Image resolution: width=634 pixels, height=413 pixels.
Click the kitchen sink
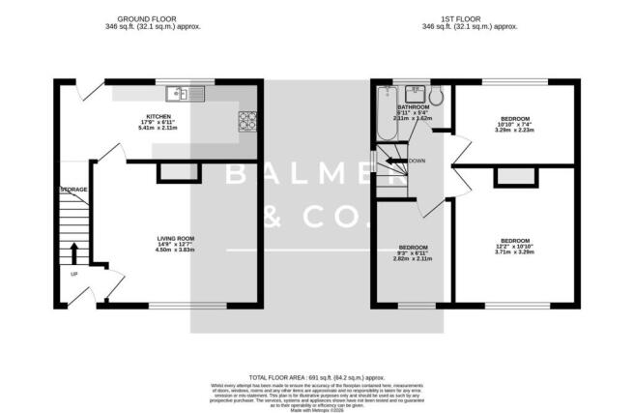(180, 94)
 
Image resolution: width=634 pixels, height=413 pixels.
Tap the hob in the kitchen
(245, 121)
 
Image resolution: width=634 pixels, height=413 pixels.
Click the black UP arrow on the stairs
(73, 253)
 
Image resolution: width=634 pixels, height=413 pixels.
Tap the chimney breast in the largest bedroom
(508, 177)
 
